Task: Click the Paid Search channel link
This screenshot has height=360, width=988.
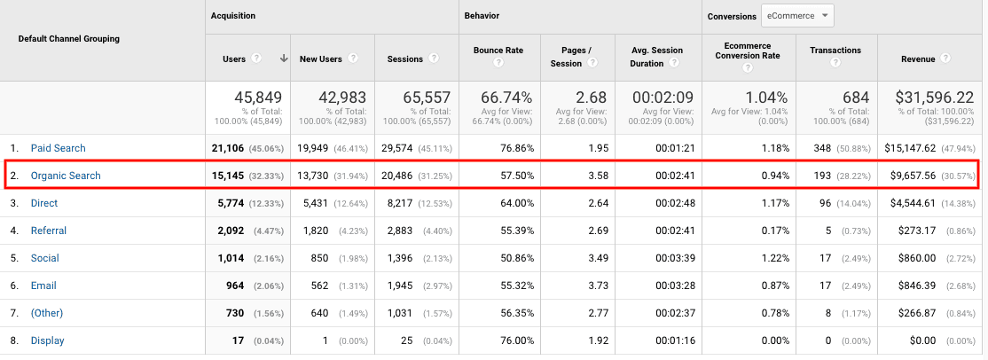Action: (x=58, y=148)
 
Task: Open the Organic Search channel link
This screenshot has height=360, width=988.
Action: (x=66, y=176)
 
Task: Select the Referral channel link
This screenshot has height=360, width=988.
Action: (x=50, y=231)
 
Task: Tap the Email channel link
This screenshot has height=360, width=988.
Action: (x=43, y=286)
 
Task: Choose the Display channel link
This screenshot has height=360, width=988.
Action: (x=48, y=340)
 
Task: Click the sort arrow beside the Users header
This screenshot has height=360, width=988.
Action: (x=284, y=59)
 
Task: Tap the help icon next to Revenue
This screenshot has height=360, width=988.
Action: (x=946, y=59)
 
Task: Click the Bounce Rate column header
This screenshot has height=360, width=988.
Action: (x=498, y=51)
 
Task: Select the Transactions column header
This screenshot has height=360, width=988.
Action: (x=835, y=51)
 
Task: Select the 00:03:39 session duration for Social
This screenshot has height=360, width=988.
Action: (x=678, y=258)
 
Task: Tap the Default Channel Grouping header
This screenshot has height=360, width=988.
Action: (x=69, y=39)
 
